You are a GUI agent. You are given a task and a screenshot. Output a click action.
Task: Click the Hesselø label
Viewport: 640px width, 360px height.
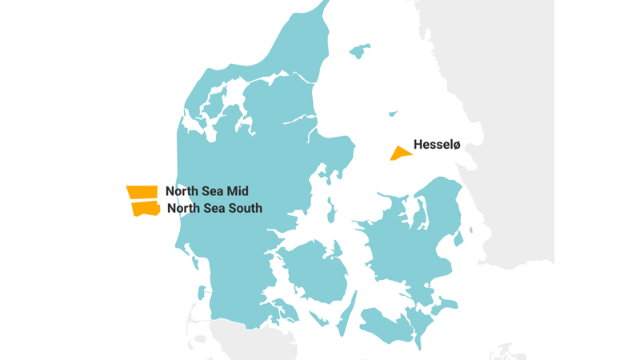tap(437, 145)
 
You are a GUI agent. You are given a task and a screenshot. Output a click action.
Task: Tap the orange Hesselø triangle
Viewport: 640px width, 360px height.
tap(401, 154)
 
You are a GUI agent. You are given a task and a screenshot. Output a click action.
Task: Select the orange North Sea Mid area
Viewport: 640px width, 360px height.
tap(142, 192)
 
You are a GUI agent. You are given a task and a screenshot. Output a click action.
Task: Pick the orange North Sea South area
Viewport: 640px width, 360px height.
tap(146, 209)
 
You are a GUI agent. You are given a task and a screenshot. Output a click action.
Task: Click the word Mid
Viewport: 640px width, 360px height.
tap(237, 191)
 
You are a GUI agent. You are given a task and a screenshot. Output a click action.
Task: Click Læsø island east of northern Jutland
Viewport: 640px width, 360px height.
tap(360, 50)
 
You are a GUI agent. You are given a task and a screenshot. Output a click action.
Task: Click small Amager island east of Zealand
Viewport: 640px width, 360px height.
tap(458, 238)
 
